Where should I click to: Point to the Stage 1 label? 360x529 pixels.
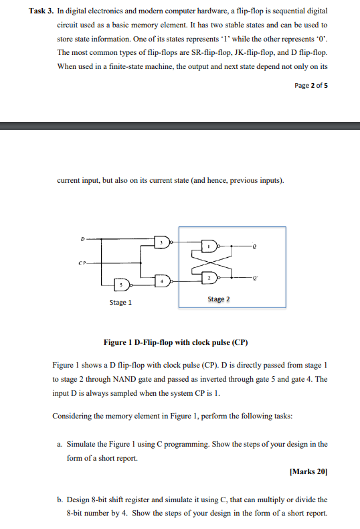click(x=120, y=303)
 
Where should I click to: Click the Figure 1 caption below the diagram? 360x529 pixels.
click(x=176, y=342)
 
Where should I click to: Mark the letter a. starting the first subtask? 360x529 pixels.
click(x=61, y=444)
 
